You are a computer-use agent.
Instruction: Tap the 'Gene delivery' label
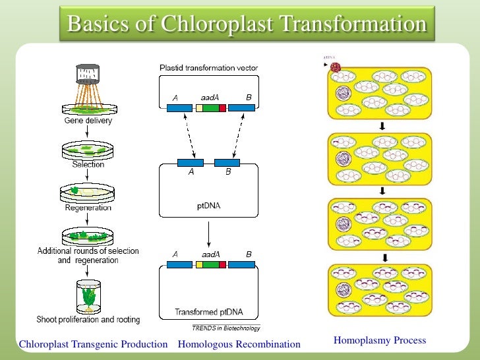click(x=88, y=121)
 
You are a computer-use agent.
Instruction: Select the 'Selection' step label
click(x=88, y=165)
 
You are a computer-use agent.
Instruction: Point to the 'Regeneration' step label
click(x=88, y=208)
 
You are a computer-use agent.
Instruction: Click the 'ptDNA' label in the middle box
click(x=208, y=205)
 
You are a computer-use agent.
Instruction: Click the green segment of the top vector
click(x=210, y=107)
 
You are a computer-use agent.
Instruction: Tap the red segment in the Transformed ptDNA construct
click(x=223, y=264)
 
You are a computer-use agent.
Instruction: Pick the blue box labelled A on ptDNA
click(x=191, y=162)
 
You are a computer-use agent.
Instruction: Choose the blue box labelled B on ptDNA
click(x=227, y=162)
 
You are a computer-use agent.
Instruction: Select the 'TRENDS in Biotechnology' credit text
click(x=225, y=328)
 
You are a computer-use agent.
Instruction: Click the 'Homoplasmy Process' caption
click(x=379, y=341)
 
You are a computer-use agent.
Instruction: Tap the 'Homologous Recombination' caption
click(x=239, y=344)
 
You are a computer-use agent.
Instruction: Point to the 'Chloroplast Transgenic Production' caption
click(x=93, y=344)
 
